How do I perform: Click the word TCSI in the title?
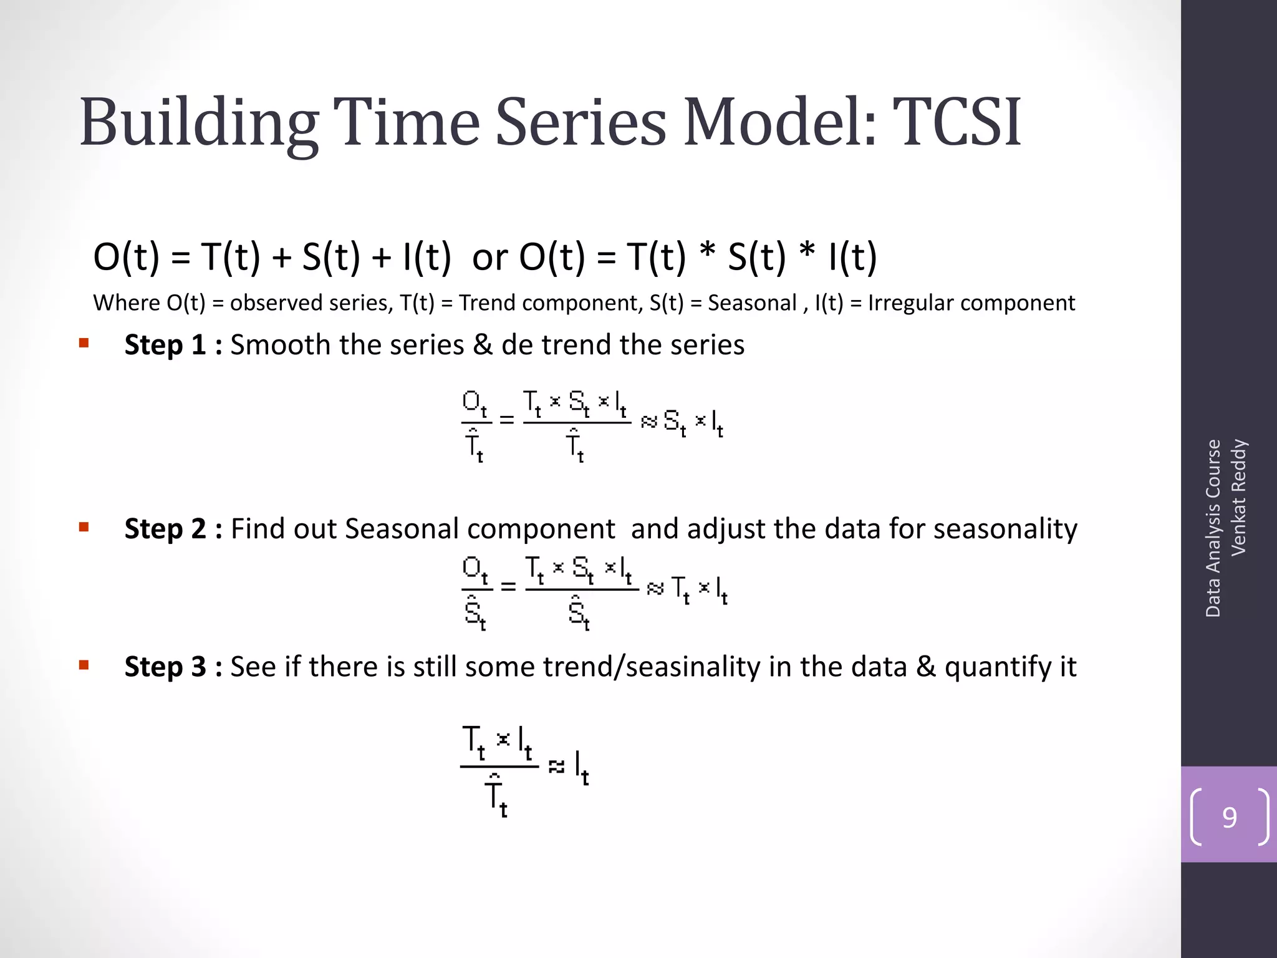957,122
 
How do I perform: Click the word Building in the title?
198,122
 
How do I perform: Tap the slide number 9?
1229,817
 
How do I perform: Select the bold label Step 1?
165,345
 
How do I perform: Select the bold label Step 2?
165,529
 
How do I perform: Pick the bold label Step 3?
165,667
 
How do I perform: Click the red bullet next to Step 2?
84,527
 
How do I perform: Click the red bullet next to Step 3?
84,665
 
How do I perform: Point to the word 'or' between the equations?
489,257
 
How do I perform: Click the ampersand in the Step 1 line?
483,345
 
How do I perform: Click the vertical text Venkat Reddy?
1238,497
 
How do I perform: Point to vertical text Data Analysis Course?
1213,528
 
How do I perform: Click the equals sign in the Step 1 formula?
507,420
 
